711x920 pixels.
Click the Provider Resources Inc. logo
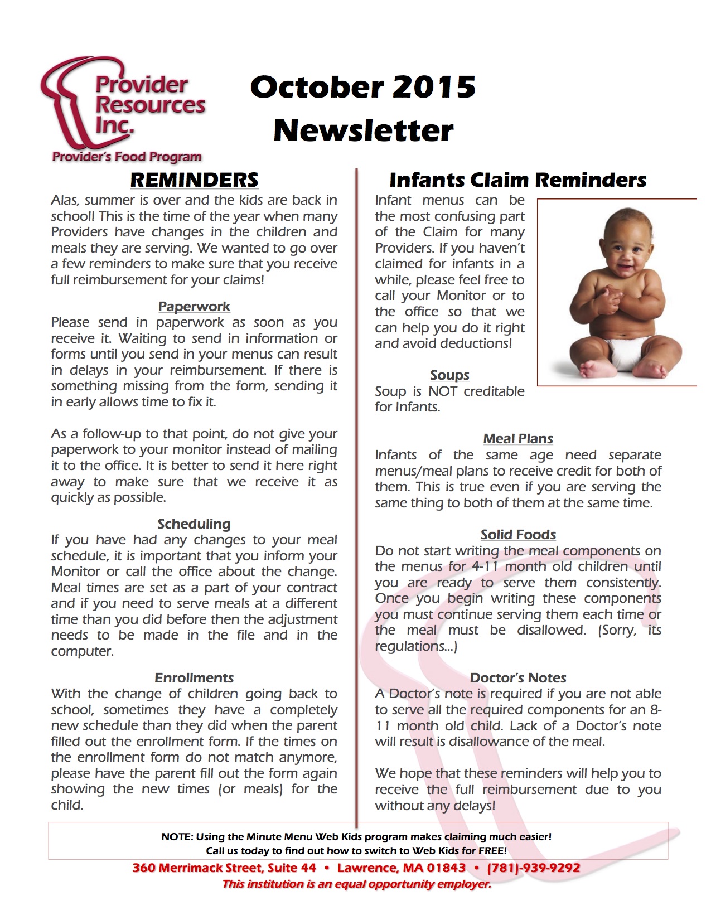(123, 109)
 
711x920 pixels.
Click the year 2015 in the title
(434, 87)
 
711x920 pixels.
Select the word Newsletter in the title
(363, 130)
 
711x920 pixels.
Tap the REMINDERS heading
(194, 180)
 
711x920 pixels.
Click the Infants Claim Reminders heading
(517, 180)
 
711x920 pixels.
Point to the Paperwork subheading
(194, 307)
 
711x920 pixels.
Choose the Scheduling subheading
(194, 524)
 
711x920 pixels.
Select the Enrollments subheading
(194, 678)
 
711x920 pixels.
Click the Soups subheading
(449, 375)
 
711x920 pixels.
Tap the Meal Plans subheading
(518, 439)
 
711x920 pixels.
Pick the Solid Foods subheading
(518, 535)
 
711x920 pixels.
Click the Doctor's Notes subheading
(518, 678)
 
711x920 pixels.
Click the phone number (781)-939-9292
(534, 868)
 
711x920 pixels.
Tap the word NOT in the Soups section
(443, 391)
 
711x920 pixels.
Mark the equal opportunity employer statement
(357, 884)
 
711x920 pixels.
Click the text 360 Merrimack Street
(196, 868)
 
